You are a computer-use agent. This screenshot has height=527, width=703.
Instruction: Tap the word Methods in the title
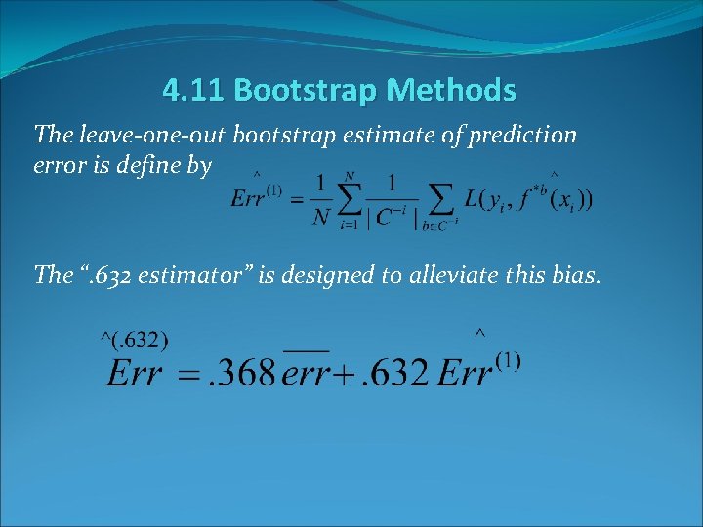coord(450,91)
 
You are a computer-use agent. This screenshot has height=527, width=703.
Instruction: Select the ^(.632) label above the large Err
coord(135,340)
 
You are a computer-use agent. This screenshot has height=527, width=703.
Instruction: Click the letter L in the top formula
coord(473,199)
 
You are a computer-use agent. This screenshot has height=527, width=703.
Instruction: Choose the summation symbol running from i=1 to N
coord(349,200)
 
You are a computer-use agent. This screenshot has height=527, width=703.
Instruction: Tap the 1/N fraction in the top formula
coord(320,200)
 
